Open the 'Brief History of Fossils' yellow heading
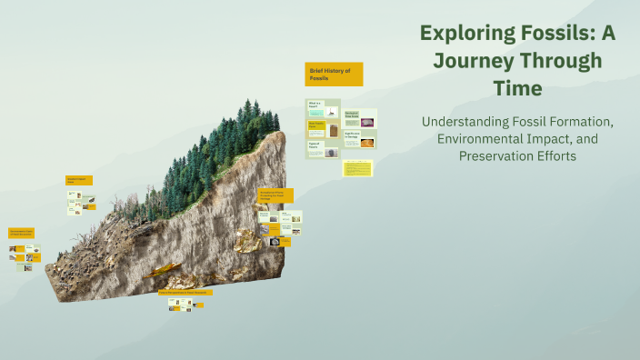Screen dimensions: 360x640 coord(334,74)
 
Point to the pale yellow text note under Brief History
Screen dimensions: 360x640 coord(357,168)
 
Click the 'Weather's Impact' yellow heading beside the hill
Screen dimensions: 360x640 coord(78,181)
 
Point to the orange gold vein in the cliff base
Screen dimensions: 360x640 coord(168,271)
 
